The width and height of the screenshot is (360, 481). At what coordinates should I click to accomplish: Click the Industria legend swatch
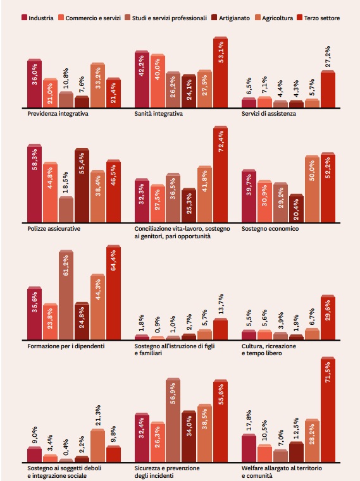(x=24, y=17)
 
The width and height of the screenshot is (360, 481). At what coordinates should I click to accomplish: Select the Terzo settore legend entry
(x=318, y=18)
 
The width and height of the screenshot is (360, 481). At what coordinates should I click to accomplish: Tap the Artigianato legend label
(x=234, y=18)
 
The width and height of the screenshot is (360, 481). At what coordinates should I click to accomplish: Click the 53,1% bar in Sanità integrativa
(x=221, y=72)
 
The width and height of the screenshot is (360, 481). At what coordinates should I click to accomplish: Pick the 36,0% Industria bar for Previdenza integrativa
(x=34, y=83)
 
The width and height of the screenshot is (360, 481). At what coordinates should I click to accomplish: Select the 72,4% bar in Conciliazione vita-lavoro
(x=221, y=174)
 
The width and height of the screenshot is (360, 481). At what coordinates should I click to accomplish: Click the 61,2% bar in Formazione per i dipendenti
(x=66, y=295)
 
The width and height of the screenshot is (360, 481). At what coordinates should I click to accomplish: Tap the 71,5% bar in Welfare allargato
(x=328, y=409)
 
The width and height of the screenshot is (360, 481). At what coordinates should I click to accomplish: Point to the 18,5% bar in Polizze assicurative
(x=66, y=209)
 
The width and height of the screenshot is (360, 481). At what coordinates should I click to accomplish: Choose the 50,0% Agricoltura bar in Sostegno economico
(x=313, y=188)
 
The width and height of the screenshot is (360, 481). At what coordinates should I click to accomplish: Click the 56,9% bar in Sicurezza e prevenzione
(x=173, y=420)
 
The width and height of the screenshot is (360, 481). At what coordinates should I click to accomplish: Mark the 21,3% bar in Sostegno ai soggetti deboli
(x=97, y=446)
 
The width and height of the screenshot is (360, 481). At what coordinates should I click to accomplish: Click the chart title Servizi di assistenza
(x=269, y=114)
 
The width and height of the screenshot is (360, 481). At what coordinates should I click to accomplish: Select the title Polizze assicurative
(x=54, y=229)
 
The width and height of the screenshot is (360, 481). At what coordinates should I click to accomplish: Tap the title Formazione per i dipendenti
(x=66, y=346)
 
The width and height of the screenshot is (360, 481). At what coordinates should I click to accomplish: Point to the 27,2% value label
(x=328, y=56)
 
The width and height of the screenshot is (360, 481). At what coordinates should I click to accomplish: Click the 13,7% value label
(x=221, y=304)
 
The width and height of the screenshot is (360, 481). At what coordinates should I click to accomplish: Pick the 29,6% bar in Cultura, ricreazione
(x=328, y=317)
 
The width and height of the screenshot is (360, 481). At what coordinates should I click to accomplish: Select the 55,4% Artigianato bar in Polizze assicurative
(x=82, y=185)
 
